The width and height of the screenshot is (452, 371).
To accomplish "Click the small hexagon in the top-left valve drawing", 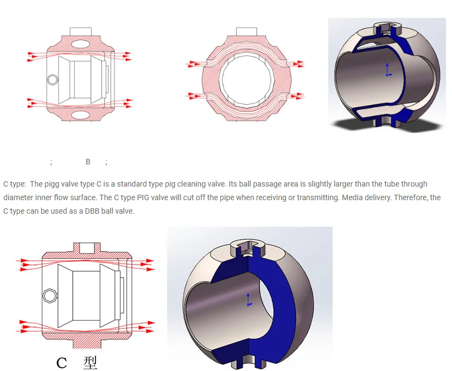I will pyautogui.click(x=52, y=80).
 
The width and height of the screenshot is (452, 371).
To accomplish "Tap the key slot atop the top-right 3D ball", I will pyautogui.click(x=387, y=26).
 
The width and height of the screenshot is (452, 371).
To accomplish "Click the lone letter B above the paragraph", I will pyautogui.click(x=88, y=162).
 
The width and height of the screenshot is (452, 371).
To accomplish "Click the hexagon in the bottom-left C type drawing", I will pyautogui.click(x=48, y=295).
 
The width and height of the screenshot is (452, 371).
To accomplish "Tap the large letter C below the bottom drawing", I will pyautogui.click(x=62, y=362).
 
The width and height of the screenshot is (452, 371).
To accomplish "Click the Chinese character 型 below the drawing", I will pyautogui.click(x=90, y=362).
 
